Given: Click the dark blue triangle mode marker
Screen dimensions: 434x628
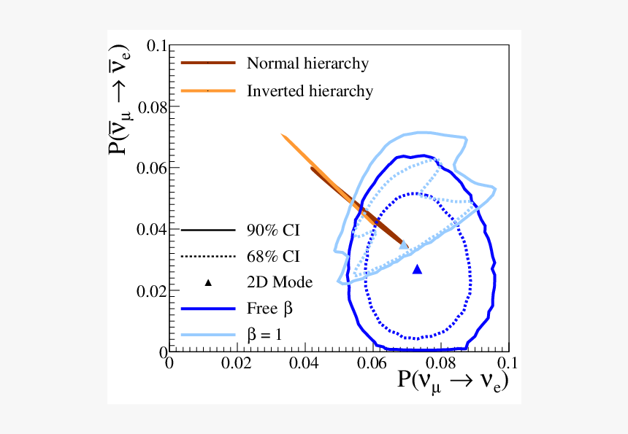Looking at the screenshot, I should coord(417,269).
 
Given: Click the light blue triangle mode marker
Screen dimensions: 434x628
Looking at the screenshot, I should coord(404,245).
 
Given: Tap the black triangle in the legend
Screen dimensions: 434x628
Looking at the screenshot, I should coord(208,282).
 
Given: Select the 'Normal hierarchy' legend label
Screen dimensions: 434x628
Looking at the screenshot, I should coord(307,63).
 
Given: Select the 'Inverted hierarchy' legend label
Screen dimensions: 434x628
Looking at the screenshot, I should coord(310,91).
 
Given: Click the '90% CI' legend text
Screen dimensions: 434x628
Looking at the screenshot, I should coord(273,230).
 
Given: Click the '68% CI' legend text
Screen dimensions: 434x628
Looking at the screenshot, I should coord(273,256).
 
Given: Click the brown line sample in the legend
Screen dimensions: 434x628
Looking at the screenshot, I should coord(208,63).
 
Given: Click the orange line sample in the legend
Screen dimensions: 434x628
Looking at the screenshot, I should coord(208,91).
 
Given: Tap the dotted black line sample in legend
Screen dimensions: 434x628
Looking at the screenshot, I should coord(208,256).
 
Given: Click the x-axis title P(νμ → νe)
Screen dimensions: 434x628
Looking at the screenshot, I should coord(453,381).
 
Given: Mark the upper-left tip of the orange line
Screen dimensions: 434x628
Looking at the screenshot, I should coord(283,136).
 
